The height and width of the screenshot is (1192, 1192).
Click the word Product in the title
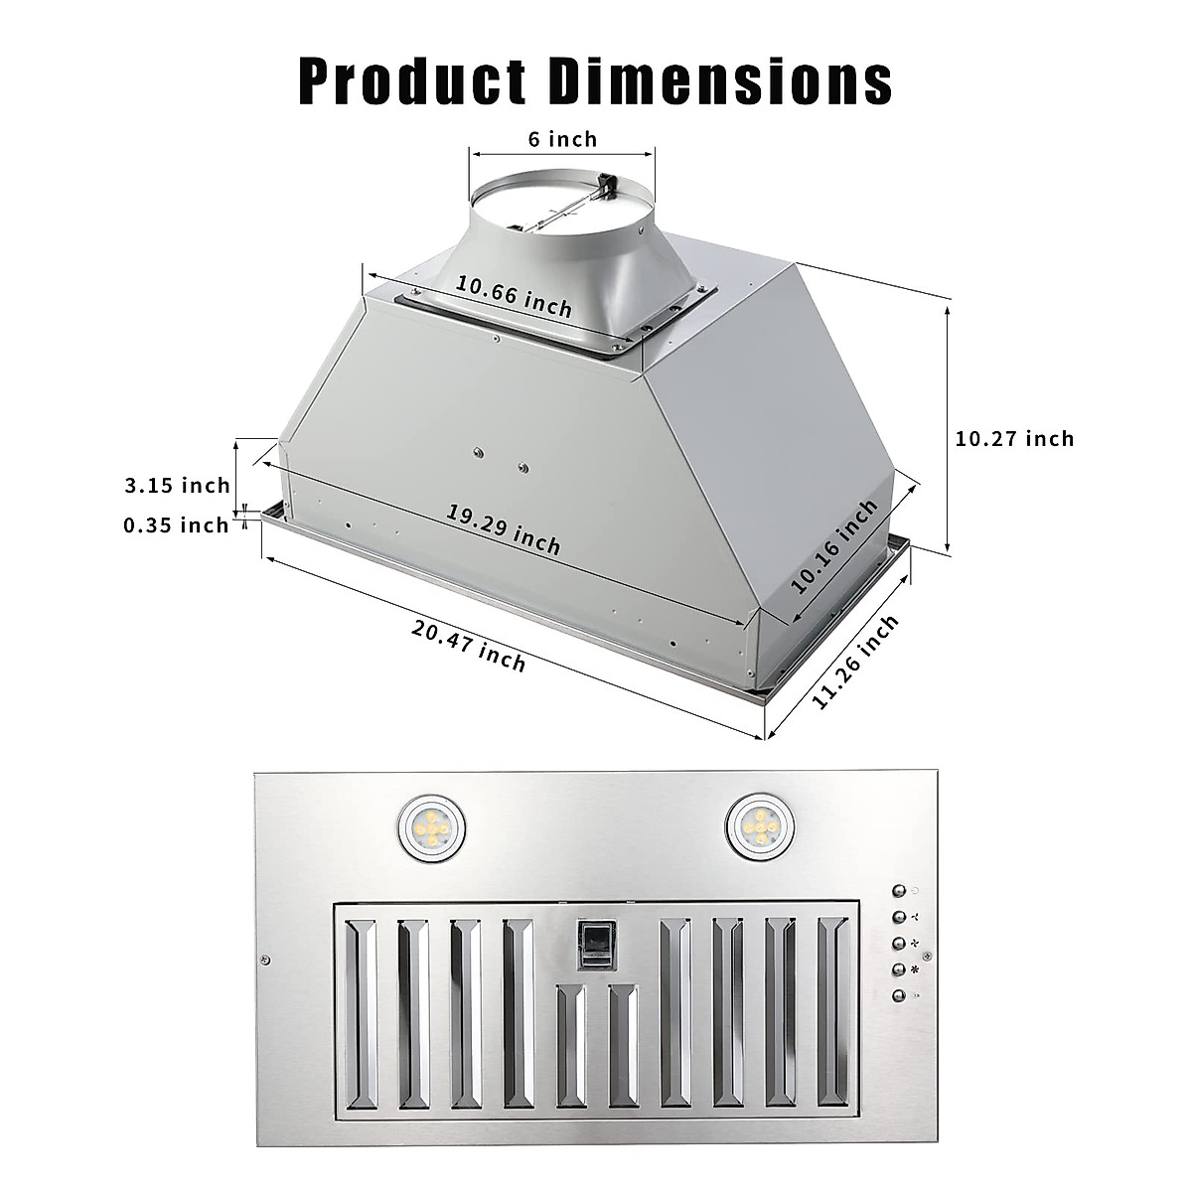(x=413, y=81)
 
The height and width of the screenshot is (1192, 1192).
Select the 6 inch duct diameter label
(x=562, y=138)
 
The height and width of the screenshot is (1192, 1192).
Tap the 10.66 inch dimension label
(x=514, y=296)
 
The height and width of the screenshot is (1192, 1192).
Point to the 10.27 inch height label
(x=1014, y=438)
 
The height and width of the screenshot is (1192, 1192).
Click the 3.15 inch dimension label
(x=177, y=486)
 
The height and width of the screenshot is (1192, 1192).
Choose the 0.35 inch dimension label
(x=176, y=524)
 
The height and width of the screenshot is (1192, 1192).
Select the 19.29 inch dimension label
(x=503, y=529)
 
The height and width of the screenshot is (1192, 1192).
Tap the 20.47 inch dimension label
(x=468, y=643)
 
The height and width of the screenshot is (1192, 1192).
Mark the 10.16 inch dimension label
(x=835, y=545)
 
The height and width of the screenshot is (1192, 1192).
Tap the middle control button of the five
(x=898, y=943)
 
